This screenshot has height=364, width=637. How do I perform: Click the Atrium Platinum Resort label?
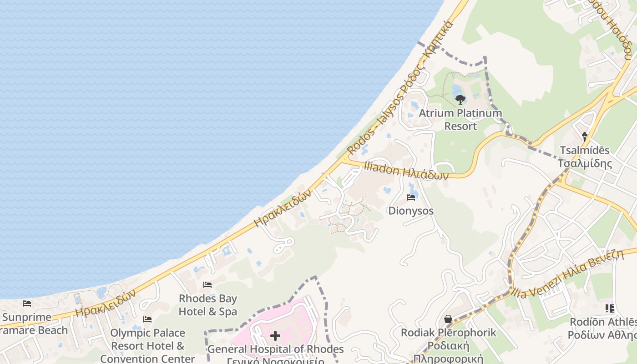(x=460, y=119)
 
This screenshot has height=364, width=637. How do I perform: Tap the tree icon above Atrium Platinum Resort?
(x=460, y=99)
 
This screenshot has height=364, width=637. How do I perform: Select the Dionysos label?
(x=411, y=211)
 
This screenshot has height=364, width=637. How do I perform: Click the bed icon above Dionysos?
(x=411, y=197)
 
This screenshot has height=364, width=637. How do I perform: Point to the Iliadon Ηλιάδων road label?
(x=406, y=172)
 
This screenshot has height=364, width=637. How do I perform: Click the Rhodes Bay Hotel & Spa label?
(x=208, y=305)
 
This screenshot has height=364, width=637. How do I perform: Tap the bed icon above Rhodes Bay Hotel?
(x=207, y=285)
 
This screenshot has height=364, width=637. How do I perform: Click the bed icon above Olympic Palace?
(x=147, y=319)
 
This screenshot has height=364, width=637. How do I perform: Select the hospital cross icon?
(x=275, y=336)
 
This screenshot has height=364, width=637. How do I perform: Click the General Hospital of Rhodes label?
(x=275, y=349)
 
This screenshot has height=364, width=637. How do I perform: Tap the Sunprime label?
(x=27, y=317)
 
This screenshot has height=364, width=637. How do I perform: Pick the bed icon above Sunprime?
(x=27, y=303)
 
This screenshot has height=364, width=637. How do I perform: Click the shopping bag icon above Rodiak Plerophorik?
(x=448, y=319)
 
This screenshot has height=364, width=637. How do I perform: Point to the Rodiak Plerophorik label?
(x=448, y=333)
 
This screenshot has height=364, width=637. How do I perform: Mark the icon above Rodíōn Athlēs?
(x=610, y=308)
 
